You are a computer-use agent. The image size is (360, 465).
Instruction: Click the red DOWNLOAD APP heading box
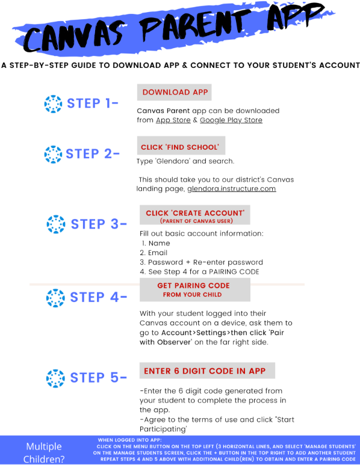pyautogui.click(x=174, y=92)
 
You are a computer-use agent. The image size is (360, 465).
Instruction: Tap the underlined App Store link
pyautogui.click(x=173, y=120)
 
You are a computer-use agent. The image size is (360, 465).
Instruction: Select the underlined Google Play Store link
pyautogui.click(x=231, y=120)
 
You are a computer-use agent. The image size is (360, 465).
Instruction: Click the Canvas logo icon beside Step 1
pyautogui.click(x=53, y=104)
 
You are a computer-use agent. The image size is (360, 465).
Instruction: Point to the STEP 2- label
pyautogui.click(x=93, y=154)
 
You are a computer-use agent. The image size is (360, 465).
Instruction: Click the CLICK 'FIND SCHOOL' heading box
pyautogui.click(x=181, y=146)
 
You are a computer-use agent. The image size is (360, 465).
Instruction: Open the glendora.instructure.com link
pyautogui.click(x=232, y=189)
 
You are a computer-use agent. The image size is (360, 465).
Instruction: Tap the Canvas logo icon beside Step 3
pyautogui.click(x=56, y=224)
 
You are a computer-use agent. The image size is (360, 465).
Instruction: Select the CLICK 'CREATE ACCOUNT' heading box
pyautogui.click(x=195, y=215)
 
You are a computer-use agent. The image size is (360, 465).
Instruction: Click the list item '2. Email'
pyautogui.click(x=154, y=253)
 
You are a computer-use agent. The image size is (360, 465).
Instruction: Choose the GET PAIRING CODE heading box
pyautogui.click(x=195, y=290)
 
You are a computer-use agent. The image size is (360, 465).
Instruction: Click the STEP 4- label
pyautogui.click(x=99, y=297)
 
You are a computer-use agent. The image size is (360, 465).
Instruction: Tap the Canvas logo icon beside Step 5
pyautogui.click(x=55, y=378)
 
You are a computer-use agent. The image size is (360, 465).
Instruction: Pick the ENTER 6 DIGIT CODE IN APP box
pyautogui.click(x=207, y=371)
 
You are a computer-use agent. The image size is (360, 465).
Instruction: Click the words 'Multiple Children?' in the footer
pyautogui.click(x=44, y=452)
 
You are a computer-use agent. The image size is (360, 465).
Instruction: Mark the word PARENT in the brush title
pyautogui.click(x=195, y=26)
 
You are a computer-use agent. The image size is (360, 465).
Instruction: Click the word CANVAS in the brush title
pyautogui.click(x=73, y=38)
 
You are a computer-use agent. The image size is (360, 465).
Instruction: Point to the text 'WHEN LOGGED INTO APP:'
pyautogui.click(x=129, y=440)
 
